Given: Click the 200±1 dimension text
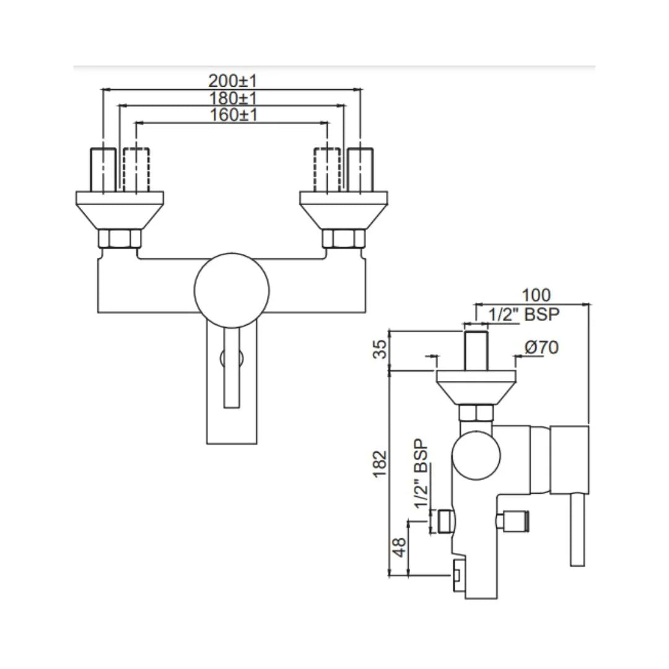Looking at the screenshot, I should pos(232,81).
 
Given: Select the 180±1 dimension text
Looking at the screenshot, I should pos(232,98).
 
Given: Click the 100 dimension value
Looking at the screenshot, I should pos(536,295).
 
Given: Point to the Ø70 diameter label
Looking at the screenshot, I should pos(541,348).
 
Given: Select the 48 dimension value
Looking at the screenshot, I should pos(400,546).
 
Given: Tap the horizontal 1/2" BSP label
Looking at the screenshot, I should pos(523,314).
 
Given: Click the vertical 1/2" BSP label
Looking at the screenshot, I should pos(421,474).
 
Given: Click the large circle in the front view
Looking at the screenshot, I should pos(232,290).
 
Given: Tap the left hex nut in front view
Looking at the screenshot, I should pos(120,238).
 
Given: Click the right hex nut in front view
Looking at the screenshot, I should pos(344,238).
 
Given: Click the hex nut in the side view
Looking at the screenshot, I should pos(476,413).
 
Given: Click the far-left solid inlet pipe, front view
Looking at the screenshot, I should pos(103,168).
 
